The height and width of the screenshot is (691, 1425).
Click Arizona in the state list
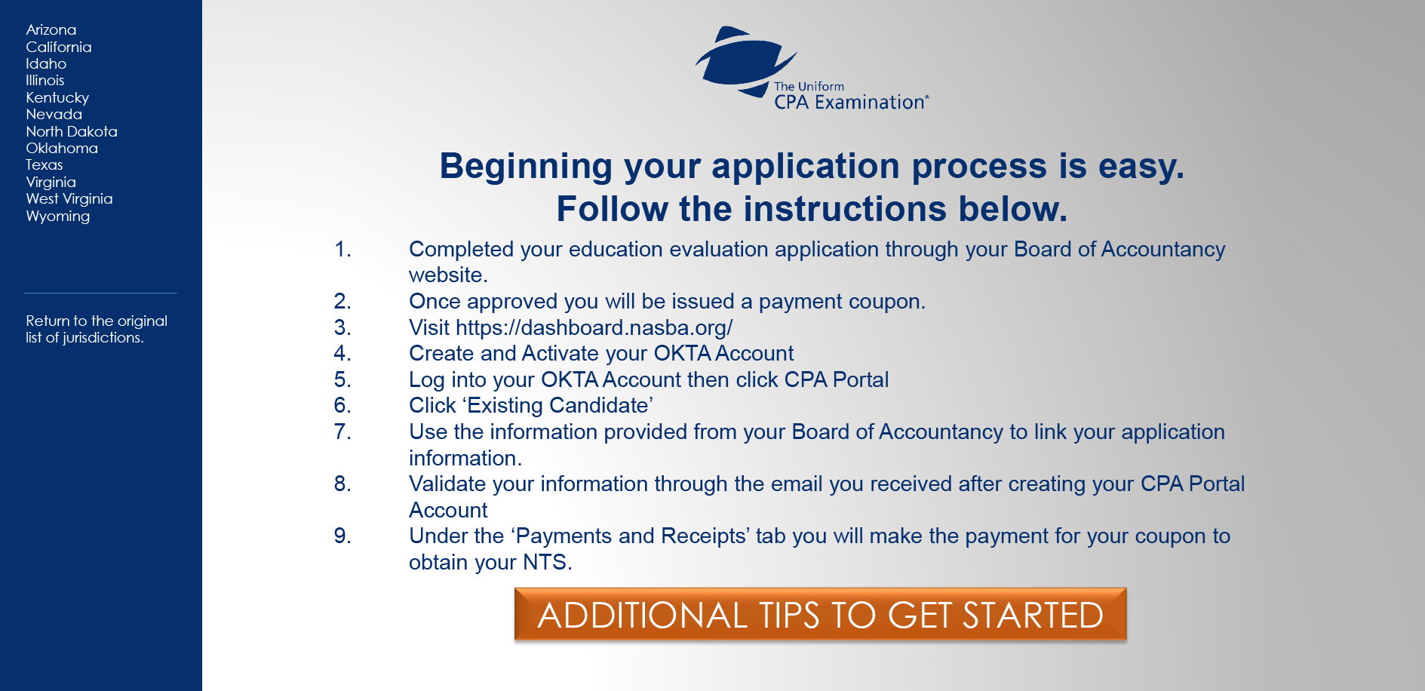[51, 30]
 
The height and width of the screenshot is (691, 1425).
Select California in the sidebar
[59, 47]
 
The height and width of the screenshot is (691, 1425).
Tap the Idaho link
[46, 64]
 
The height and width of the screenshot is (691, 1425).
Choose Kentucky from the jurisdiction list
[57, 98]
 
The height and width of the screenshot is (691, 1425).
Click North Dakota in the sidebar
[72, 131]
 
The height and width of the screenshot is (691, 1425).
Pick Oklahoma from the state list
[62, 149]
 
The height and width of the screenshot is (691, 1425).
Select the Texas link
[45, 165]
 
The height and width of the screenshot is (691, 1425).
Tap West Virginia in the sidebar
[69, 199]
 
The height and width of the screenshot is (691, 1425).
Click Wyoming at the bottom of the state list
[58, 217]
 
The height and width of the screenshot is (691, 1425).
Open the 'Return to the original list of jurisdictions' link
[97, 330]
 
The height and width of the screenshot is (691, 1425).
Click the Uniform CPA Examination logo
[812, 69]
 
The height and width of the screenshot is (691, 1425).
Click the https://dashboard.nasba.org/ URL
[594, 327]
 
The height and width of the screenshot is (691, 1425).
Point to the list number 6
[342, 406]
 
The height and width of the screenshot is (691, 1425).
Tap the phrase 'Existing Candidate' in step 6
[557, 406]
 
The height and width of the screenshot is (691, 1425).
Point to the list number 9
[342, 536]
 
